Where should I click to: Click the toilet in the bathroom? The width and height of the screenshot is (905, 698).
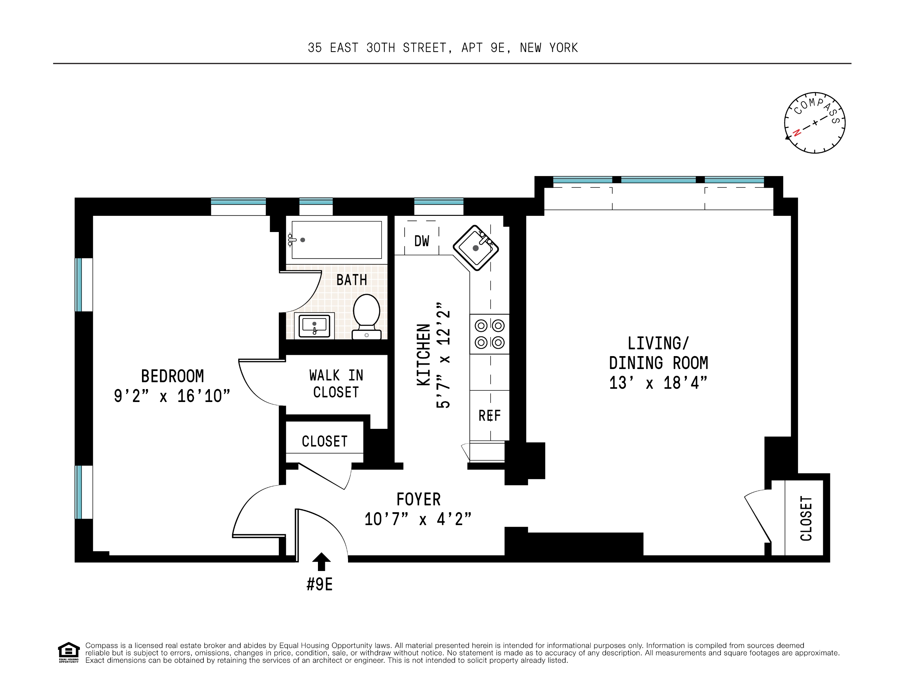click(x=366, y=316)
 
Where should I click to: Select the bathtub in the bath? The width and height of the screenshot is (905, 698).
click(x=336, y=240)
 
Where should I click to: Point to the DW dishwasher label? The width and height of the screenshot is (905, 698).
click(x=421, y=241)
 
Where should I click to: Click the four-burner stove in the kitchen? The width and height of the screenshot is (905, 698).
click(x=489, y=334)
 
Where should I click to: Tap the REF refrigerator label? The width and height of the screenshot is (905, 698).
click(x=489, y=415)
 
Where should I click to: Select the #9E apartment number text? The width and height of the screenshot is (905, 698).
click(x=320, y=585)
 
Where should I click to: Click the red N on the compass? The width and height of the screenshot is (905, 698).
click(x=796, y=133)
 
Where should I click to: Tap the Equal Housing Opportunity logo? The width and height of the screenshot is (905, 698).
click(x=68, y=652)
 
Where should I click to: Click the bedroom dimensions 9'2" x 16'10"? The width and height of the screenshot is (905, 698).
click(x=172, y=396)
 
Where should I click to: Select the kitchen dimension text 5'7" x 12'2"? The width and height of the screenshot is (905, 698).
click(x=443, y=355)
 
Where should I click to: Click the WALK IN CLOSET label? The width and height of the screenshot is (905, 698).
click(x=336, y=383)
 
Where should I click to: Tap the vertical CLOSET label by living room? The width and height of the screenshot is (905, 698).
click(x=806, y=518)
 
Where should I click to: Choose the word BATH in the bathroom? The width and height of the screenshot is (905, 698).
click(x=351, y=280)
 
